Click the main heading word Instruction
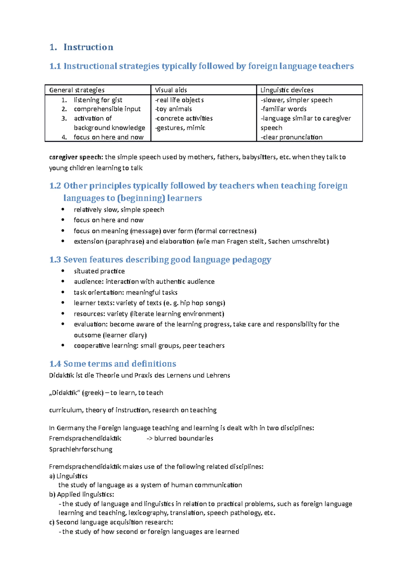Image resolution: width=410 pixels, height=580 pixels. (x=88, y=47)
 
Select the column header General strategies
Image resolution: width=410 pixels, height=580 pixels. (x=77, y=90)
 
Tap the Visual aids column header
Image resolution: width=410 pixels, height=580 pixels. (x=171, y=90)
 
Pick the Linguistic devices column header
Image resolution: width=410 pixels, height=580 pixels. (x=287, y=90)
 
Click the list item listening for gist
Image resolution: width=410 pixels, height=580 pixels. (x=98, y=100)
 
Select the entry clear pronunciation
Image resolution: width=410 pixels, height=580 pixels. (x=291, y=137)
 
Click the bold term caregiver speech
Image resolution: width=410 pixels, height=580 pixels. (x=76, y=157)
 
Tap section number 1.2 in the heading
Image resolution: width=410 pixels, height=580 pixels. (x=55, y=186)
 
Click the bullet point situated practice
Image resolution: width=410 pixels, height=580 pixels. (x=99, y=271)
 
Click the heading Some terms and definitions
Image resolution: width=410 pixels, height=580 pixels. (x=120, y=364)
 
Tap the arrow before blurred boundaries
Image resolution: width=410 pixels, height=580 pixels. (x=149, y=439)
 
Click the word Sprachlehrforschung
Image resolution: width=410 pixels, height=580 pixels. (x=81, y=449)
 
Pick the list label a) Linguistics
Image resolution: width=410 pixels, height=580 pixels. (x=68, y=476)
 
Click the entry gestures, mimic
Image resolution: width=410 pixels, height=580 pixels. (x=180, y=128)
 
